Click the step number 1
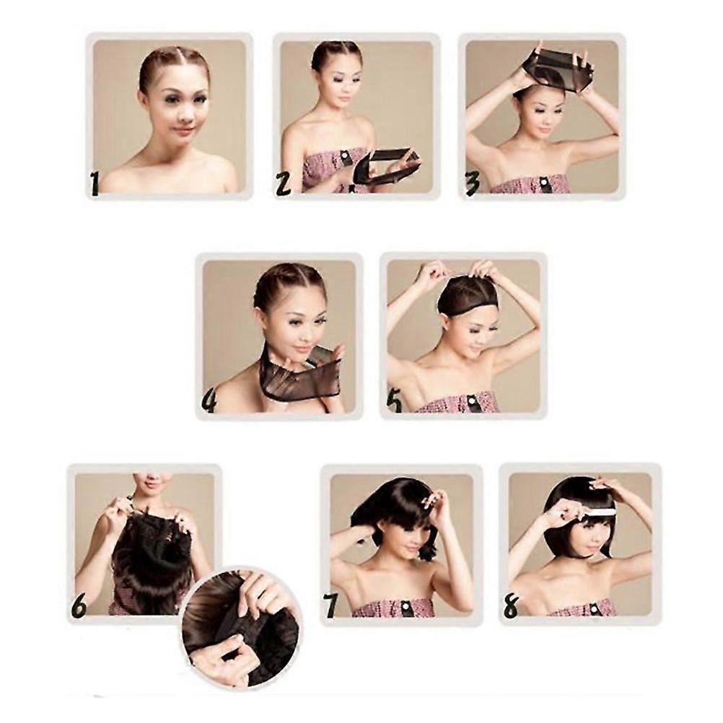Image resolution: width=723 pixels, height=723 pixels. point(95,183)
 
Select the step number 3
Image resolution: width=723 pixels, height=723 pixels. point(472,184)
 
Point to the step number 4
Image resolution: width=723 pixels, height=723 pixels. point(209,401)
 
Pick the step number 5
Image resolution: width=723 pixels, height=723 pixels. point(395,401)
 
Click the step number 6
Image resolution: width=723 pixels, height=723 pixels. point(79,605)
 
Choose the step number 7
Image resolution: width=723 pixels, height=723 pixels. point(330,605)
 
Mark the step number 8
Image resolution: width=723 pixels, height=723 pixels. point(511,605)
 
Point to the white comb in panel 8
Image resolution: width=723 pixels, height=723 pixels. point(597,510)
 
